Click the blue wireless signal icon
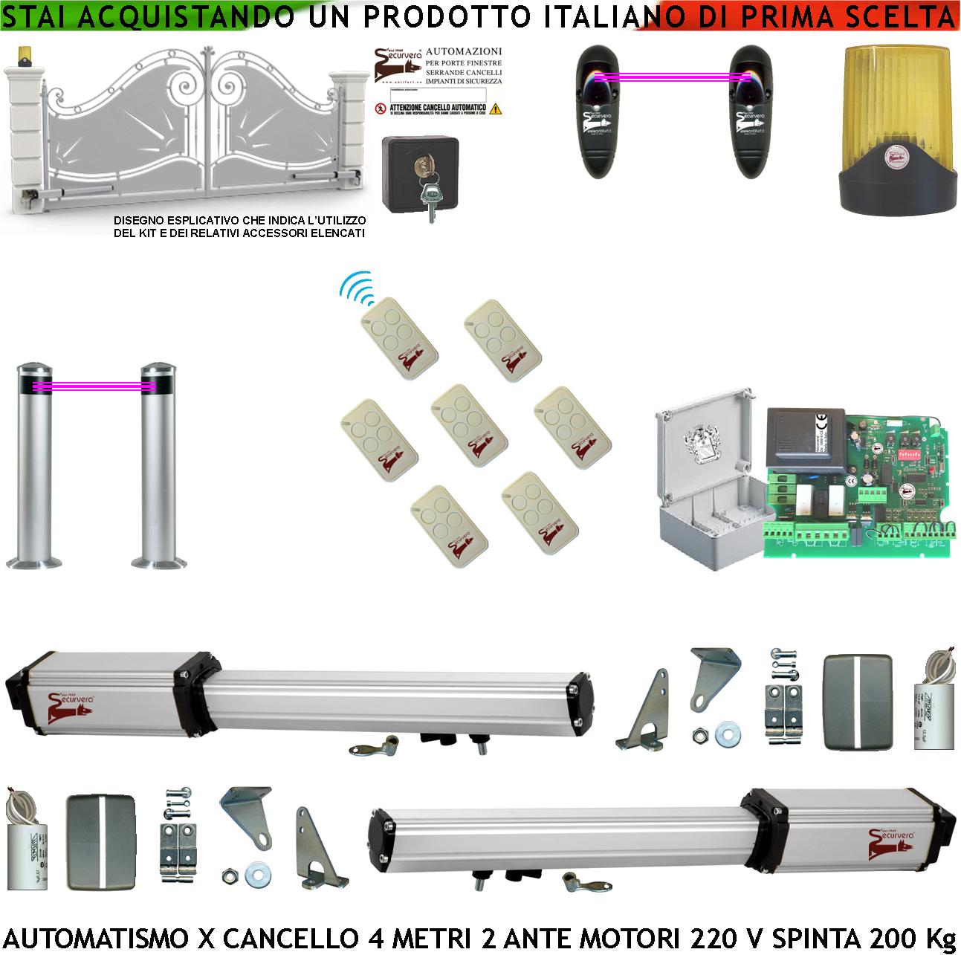[356, 289]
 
